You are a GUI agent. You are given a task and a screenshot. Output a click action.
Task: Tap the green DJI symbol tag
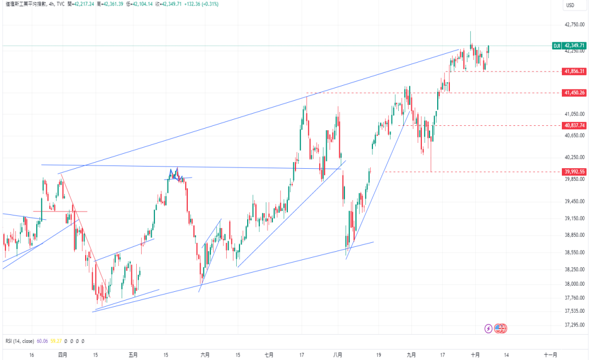coord(556,46)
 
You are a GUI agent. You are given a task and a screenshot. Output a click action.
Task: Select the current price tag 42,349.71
coord(575,46)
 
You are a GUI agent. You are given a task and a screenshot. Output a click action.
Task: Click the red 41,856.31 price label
coord(575,71)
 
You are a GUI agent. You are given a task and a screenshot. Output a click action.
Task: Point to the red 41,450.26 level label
coord(575,93)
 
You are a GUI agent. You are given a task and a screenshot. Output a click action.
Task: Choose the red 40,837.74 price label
coord(575,125)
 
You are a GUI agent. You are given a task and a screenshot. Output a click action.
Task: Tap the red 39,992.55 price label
coord(575,171)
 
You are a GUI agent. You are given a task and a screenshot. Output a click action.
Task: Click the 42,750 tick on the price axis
coord(575,25)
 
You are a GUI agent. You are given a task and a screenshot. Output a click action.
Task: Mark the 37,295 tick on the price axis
coord(575,325)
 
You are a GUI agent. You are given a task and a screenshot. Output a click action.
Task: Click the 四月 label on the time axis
coord(63,355)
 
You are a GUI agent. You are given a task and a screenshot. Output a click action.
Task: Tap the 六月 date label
coord(205,355)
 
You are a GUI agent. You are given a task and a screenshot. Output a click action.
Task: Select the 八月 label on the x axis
coord(338,355)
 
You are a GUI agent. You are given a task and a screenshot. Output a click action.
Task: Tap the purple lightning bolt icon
coord(488,329)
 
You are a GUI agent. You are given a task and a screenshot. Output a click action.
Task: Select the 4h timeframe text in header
coord(52,4)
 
